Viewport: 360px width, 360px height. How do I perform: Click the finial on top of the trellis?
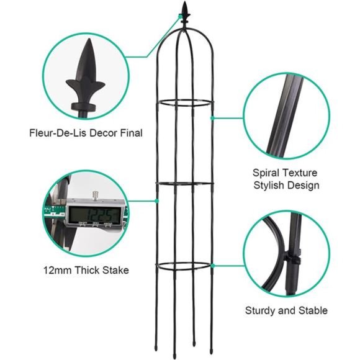(185, 14)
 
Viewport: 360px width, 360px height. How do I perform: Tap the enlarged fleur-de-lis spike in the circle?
(86, 79)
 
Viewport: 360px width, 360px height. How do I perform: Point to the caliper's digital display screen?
(94, 215)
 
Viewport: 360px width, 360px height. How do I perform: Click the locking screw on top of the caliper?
(94, 196)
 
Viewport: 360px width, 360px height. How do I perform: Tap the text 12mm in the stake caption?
(57, 270)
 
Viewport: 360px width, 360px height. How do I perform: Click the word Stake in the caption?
(115, 270)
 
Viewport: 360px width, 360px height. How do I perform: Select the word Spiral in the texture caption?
(266, 173)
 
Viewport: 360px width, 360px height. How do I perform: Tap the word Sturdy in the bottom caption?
(260, 311)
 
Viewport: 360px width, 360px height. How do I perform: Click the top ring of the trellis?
(185, 106)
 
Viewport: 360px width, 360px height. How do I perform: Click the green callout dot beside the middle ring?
(157, 201)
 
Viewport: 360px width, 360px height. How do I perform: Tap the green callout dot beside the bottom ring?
(213, 266)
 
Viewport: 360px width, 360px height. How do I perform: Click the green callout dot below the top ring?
(212, 118)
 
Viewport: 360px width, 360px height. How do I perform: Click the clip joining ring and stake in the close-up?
(292, 259)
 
